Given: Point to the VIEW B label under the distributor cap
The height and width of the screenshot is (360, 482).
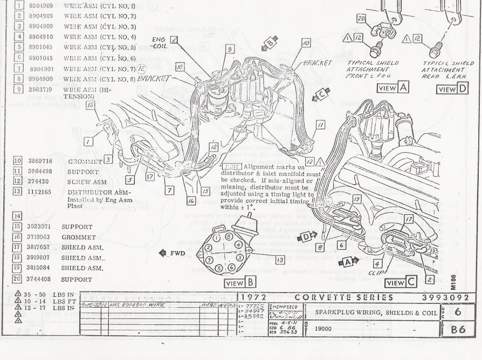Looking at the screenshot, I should pyautogui.click(x=240, y=282).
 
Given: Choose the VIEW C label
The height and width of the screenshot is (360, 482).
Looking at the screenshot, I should pyautogui.click(x=401, y=282).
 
